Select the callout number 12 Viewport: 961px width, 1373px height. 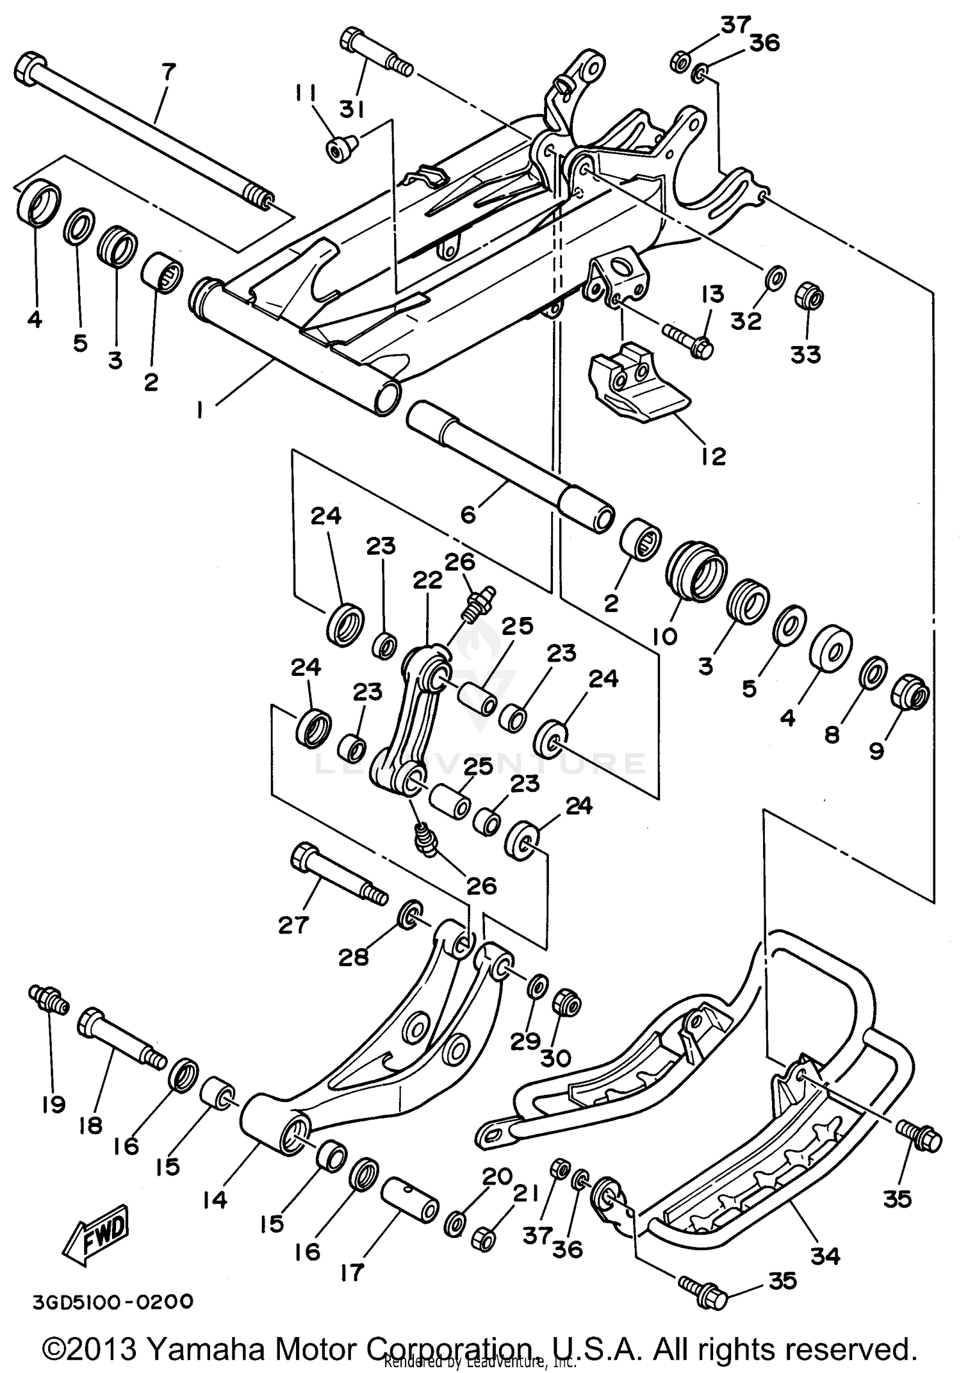pyautogui.click(x=712, y=456)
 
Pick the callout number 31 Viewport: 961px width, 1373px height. pyautogui.click(x=351, y=110)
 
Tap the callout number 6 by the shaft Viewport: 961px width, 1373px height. pyautogui.click(x=468, y=514)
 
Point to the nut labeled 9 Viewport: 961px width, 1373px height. pyautogui.click(x=910, y=693)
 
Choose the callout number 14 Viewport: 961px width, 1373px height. pyautogui.click(x=215, y=1199)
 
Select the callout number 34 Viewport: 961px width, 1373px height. pyautogui.click(x=825, y=1256)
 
